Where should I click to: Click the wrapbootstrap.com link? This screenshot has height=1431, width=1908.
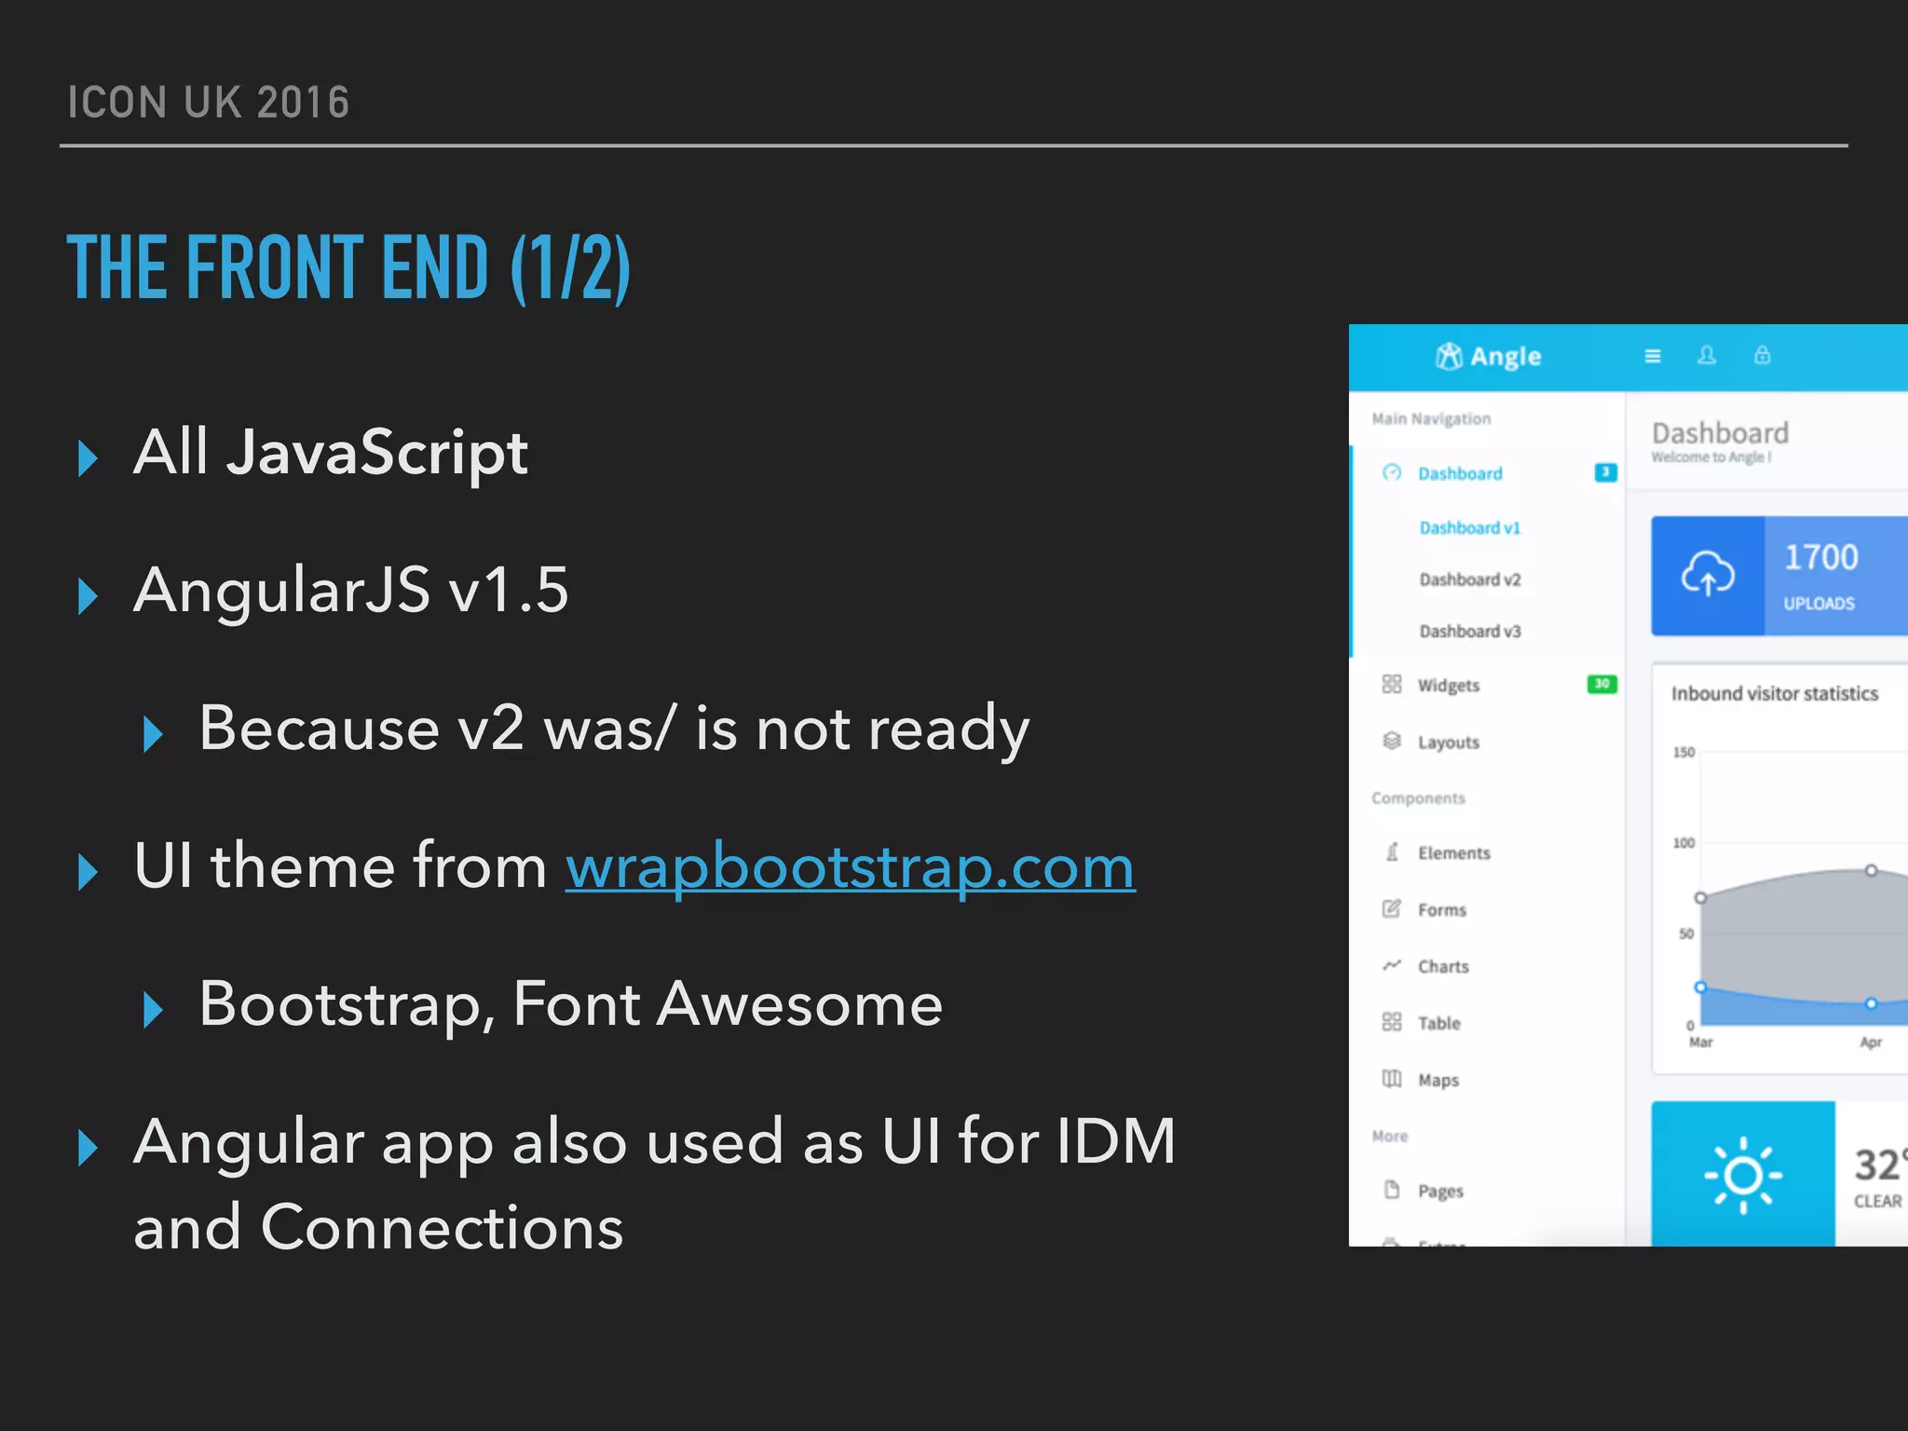coord(850,867)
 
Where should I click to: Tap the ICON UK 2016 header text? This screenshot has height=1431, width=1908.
coord(208,102)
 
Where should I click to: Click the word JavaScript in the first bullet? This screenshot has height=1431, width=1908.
coord(377,454)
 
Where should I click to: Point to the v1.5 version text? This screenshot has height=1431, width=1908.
coord(508,591)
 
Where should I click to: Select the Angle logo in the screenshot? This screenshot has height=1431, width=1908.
coord(1488,356)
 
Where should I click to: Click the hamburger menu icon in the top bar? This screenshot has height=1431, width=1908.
coord(1653,356)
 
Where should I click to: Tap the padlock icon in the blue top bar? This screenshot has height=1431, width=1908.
coord(1762,355)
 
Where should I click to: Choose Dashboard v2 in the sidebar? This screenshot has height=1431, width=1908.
coord(1469,579)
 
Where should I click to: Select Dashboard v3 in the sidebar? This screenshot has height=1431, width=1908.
coord(1469,632)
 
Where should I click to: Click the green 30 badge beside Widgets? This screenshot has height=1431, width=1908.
coord(1601,684)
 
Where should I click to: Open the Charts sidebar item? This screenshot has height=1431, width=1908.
coord(1442,967)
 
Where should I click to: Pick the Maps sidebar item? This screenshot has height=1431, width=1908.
coord(1438,1081)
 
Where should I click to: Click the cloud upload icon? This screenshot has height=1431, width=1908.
coord(1707,574)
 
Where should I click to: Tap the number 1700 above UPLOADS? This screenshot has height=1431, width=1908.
coord(1820,557)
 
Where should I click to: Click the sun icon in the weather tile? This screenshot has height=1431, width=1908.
coord(1742,1176)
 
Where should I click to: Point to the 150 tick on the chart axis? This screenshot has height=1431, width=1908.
coord(1683,753)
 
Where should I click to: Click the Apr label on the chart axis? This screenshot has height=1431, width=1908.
coord(1871,1043)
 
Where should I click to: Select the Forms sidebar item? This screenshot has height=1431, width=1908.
coord(1441,910)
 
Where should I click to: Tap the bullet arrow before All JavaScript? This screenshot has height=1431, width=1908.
coord(89,458)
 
